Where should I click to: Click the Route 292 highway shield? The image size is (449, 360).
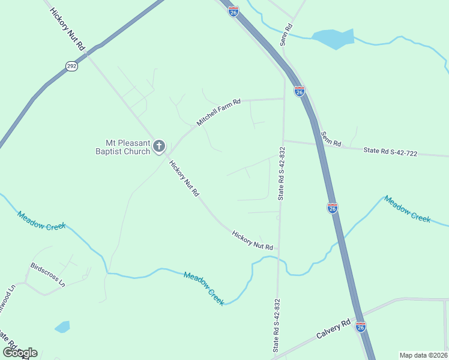click(71, 66)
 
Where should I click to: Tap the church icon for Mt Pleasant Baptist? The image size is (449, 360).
click(159, 146)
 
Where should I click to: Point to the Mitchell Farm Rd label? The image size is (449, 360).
click(218, 112)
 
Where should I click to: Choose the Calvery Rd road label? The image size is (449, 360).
click(334, 331)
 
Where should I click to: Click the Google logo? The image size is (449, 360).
click(20, 352)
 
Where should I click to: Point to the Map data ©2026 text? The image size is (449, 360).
click(423, 355)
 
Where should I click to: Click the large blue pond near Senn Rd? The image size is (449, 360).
click(333, 38)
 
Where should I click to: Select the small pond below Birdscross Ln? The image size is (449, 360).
click(62, 327)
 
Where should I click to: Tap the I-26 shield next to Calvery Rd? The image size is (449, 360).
click(360, 326)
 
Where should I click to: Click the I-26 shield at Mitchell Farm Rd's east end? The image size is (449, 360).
click(300, 91)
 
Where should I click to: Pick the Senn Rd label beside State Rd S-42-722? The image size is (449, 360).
click(331, 139)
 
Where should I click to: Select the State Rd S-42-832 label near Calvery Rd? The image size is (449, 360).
click(276, 326)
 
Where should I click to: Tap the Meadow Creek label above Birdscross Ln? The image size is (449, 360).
click(41, 223)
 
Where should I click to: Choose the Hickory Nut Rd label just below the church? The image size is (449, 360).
click(184, 178)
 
